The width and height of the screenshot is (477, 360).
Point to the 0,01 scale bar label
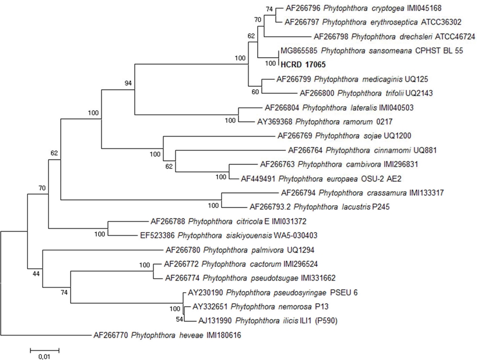click(44, 356)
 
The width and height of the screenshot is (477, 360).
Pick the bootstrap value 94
click(128, 83)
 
